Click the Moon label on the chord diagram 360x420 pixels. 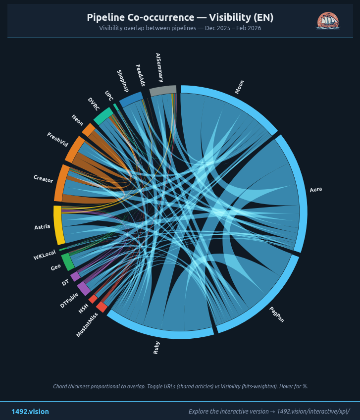239,88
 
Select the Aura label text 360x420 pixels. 315,190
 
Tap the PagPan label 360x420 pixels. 277,315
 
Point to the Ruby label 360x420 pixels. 156,348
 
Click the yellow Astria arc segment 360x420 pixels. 58,225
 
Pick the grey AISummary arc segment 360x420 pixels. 163,90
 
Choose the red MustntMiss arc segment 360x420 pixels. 102,307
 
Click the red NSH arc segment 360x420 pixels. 93,299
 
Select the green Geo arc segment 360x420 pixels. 67,262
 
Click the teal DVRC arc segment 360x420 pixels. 103,117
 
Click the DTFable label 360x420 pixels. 69,300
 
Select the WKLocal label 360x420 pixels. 45,256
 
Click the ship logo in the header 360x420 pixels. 327,21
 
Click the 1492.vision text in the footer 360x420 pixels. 30,412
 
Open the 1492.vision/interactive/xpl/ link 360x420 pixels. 313,412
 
